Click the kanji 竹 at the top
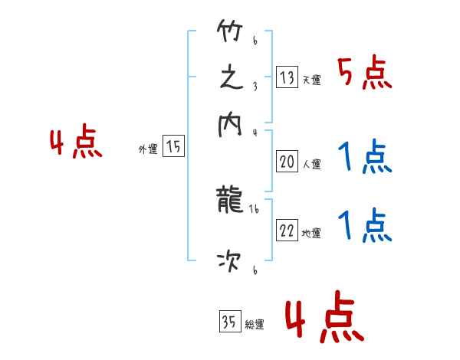click(229, 34)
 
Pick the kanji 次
click(229, 263)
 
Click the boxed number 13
click(287, 77)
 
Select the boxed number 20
click(287, 162)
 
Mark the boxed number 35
click(228, 322)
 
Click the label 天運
click(311, 80)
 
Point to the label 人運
click(311, 164)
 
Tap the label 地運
click(311, 234)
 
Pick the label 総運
click(254, 324)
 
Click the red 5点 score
click(365, 74)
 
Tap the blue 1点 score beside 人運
click(365, 158)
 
